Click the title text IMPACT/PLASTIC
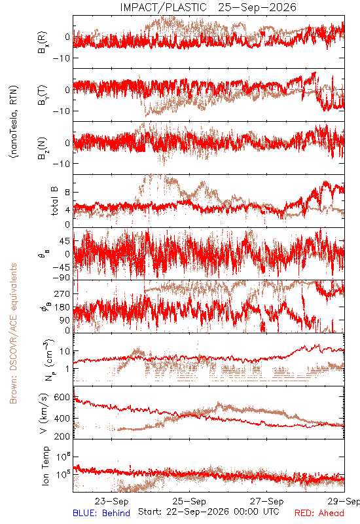163,7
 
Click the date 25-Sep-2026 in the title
257,7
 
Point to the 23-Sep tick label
111,501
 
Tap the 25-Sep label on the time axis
189,501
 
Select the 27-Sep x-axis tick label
267,501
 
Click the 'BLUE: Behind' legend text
101,513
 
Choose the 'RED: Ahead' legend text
319,513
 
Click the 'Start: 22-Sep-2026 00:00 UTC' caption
209,512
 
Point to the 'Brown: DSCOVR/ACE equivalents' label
13,333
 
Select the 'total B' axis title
54,200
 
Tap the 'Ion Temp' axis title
46,466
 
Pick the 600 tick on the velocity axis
62,397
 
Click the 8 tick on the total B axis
67,192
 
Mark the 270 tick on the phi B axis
62,293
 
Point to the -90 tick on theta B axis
62,278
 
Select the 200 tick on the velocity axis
62,436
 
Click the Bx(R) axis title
43,42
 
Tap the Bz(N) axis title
43,148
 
